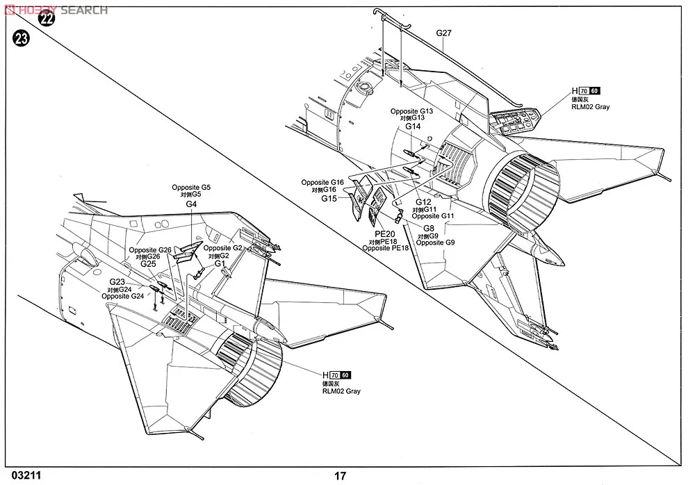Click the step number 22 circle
pos(46,19)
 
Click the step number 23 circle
pos(20,40)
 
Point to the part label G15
pos(329,198)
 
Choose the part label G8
pos(427,228)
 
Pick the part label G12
pos(423,202)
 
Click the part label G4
pos(191,204)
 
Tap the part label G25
pos(148,264)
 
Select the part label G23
pos(116,281)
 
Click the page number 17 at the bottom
pos(340,476)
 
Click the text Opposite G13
pos(411,111)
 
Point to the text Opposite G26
pos(149,249)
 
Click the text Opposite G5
pos(191,188)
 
